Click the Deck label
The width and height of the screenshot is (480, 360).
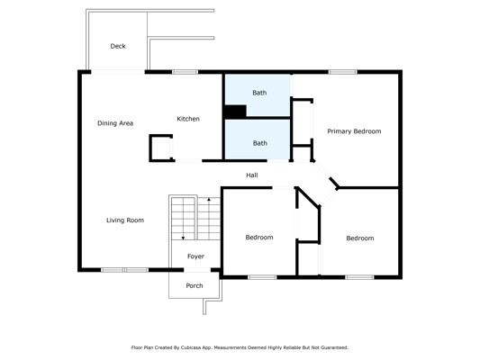(x=118, y=46)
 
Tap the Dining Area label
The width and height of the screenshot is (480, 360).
(x=115, y=123)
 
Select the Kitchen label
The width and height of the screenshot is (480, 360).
(x=188, y=119)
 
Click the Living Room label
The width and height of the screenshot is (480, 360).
(x=125, y=220)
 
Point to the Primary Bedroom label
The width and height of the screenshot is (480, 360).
(x=354, y=131)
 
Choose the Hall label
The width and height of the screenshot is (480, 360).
(x=252, y=175)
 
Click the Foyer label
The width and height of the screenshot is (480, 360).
(x=195, y=256)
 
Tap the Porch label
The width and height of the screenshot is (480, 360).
(x=195, y=285)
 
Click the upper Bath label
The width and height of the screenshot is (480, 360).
(x=259, y=93)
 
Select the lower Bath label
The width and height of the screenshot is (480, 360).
(x=260, y=143)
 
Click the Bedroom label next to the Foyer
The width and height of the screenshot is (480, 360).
(x=259, y=238)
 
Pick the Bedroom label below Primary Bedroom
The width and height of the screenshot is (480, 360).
(x=360, y=238)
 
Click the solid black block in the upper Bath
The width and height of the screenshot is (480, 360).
(x=235, y=111)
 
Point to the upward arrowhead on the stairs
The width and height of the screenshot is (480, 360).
(x=209, y=200)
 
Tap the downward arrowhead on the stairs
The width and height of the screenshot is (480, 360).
(x=183, y=238)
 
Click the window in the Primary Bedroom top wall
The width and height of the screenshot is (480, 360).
(x=343, y=72)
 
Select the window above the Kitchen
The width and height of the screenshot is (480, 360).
(x=185, y=72)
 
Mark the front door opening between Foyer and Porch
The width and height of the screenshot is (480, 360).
(x=197, y=270)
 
